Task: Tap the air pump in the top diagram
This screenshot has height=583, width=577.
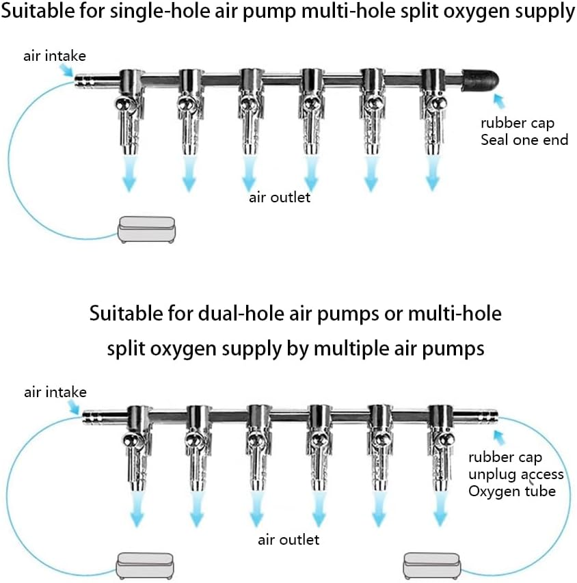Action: (x=146, y=230)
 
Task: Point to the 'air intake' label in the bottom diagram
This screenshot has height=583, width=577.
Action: (x=55, y=392)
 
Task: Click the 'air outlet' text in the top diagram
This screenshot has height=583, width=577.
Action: (x=280, y=198)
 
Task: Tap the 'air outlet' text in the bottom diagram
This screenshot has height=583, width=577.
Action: (x=288, y=539)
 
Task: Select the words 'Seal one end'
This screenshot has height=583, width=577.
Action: (x=524, y=140)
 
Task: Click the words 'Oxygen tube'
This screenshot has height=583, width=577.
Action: (x=512, y=491)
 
